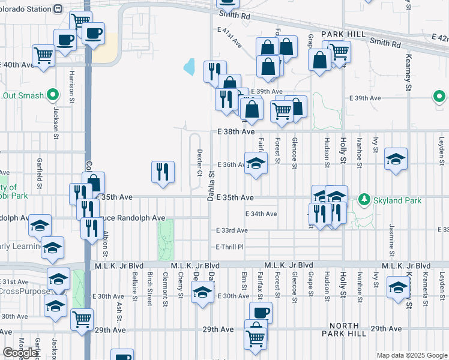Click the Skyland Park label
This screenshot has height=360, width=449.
point(394,199)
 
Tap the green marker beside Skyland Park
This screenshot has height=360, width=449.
point(364,199)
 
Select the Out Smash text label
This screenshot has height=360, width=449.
point(23,95)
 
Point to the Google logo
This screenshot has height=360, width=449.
point(20,353)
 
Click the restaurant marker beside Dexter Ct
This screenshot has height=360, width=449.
point(163,172)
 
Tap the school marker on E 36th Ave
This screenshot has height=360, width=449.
point(256,164)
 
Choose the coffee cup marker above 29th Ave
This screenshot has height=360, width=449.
point(261,312)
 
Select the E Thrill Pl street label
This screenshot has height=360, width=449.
point(229,247)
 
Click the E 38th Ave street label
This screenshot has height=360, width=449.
point(236,131)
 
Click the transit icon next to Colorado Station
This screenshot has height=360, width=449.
point(58,9)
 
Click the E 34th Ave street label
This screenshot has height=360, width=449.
point(261,214)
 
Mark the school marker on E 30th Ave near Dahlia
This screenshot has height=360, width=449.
point(202,292)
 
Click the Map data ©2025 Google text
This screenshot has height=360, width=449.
point(412,355)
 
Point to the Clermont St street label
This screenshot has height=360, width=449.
point(165,284)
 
